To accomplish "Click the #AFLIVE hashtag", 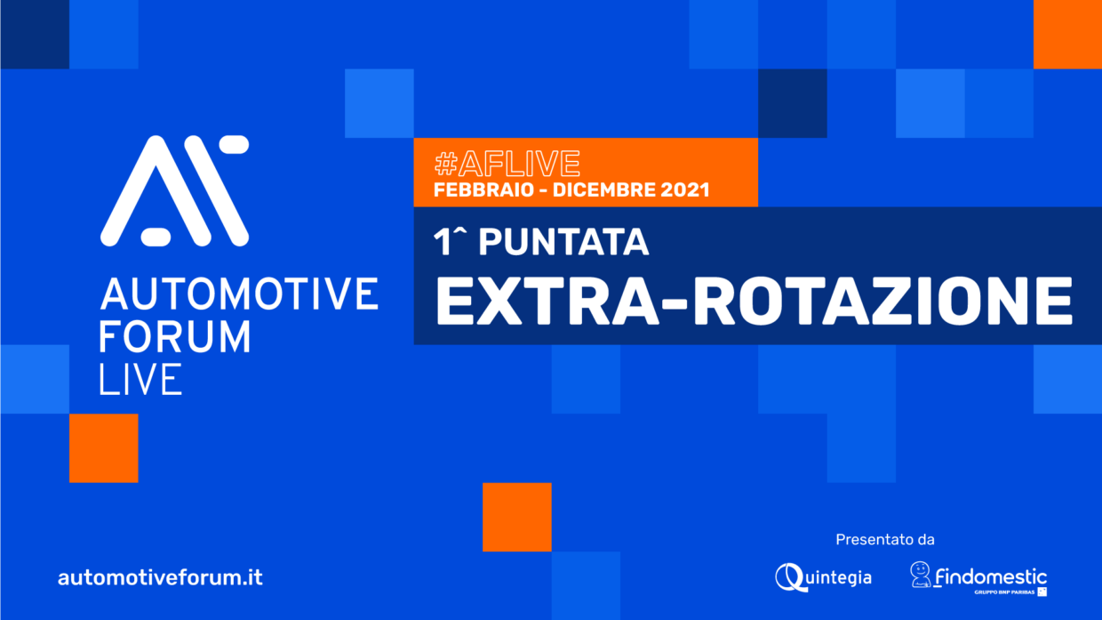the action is point(507,163).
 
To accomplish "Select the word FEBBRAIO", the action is point(483,190).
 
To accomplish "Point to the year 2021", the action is point(685,190).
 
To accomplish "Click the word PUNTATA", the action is point(563,242).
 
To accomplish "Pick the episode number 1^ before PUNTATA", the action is point(450,242).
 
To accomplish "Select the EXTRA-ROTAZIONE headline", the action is point(754,301).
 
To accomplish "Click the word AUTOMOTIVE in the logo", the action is point(239,294).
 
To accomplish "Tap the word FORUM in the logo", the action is point(175,337).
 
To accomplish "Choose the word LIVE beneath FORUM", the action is point(140,379).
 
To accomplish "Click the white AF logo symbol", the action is point(175,190).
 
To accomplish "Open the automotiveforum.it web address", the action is point(160,577).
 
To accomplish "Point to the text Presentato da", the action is point(885,540).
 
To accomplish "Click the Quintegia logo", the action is point(824,577).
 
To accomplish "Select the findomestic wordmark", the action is point(991,576).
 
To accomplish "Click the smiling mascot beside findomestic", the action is point(920,575).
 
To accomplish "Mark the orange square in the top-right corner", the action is point(1067,35).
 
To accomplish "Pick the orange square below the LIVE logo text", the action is point(104,448).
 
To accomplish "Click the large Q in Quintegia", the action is point(789,577).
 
